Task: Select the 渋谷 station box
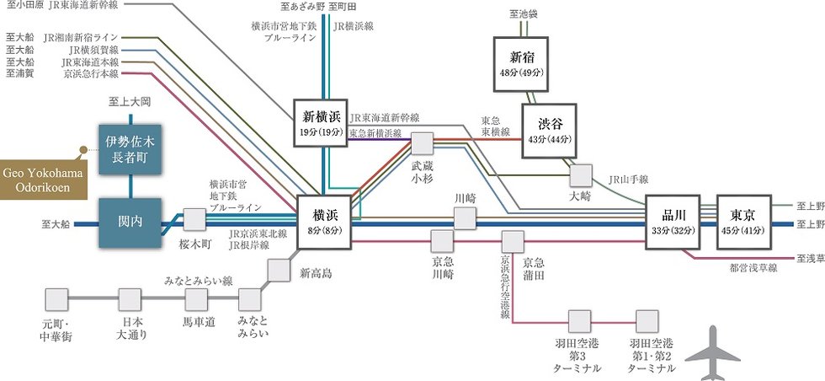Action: click(x=548, y=131)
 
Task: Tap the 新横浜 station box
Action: click(x=321, y=123)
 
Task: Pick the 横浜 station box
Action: click(x=323, y=223)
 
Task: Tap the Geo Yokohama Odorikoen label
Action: click(x=40, y=179)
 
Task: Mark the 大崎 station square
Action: click(x=580, y=174)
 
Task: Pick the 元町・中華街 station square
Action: click(x=56, y=299)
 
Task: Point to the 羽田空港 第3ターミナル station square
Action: click(x=578, y=321)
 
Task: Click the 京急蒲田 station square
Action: click(x=512, y=241)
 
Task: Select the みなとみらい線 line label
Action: click(x=199, y=281)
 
